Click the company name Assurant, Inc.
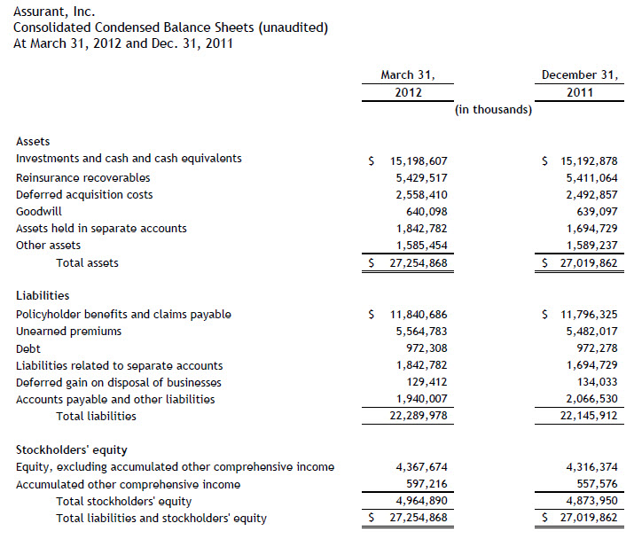(x=51, y=11)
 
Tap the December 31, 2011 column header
(x=580, y=83)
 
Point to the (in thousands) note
(x=493, y=110)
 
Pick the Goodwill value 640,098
(x=428, y=211)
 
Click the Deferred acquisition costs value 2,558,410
(x=422, y=194)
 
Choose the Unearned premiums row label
(x=69, y=332)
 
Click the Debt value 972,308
(x=428, y=348)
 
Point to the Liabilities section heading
(x=43, y=296)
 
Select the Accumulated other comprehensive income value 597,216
(x=428, y=485)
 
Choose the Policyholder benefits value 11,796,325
(x=586, y=315)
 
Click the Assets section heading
(x=34, y=142)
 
